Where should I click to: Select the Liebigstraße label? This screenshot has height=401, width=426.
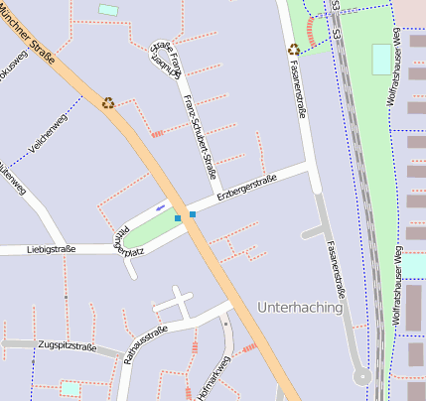click(x=52, y=249)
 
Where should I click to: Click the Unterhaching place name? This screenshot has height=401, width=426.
click(x=299, y=308)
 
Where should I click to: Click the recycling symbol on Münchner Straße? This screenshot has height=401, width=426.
click(x=108, y=101)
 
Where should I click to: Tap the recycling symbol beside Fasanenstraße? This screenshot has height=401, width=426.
click(x=294, y=49)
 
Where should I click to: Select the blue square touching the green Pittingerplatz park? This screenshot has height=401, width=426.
click(x=178, y=217)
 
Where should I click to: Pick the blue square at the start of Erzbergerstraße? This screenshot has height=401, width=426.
click(x=193, y=213)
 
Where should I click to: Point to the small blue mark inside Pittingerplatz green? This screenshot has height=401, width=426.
click(x=160, y=207)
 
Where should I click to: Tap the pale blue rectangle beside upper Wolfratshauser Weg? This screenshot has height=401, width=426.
click(x=381, y=59)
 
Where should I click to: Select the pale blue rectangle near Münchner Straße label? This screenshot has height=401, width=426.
click(x=108, y=10)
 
